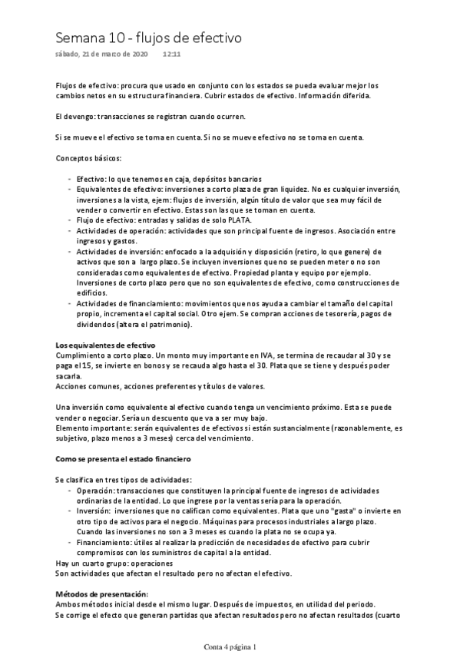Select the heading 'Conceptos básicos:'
click(88, 157)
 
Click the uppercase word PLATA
click(241, 220)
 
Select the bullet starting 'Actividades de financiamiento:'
click(124, 304)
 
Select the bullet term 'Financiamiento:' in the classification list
click(105, 542)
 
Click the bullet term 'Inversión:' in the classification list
click(96, 511)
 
